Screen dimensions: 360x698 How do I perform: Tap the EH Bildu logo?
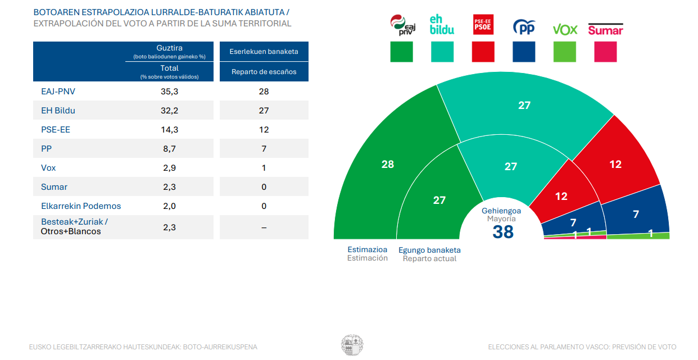coord(442,25)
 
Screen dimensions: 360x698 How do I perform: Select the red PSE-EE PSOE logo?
coord(483,25)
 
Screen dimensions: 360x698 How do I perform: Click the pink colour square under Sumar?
coord(605,52)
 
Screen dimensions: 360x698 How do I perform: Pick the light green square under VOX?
coord(565,52)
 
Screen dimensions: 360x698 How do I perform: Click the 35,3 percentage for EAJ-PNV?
coord(169,91)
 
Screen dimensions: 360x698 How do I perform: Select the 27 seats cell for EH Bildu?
coord(264,110)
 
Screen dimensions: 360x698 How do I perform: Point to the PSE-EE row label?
coord(55,129)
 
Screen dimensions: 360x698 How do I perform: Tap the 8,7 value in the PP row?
coord(169,148)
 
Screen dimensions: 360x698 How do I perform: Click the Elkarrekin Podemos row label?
coord(81,206)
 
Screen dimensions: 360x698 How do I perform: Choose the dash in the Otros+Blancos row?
coord(264,227)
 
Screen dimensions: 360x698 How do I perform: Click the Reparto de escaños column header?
coord(264,71)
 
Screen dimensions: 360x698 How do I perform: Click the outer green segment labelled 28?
coord(387,164)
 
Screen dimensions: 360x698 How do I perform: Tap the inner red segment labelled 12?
coord(561,196)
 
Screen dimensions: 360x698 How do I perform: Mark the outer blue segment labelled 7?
coord(636,213)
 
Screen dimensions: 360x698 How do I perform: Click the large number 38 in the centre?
coord(503,231)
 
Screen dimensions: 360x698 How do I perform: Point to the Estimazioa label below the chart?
coord(368,249)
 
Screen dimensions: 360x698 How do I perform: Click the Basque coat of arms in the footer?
coord(352,345)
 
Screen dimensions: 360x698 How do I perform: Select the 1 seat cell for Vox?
coord(264,167)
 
